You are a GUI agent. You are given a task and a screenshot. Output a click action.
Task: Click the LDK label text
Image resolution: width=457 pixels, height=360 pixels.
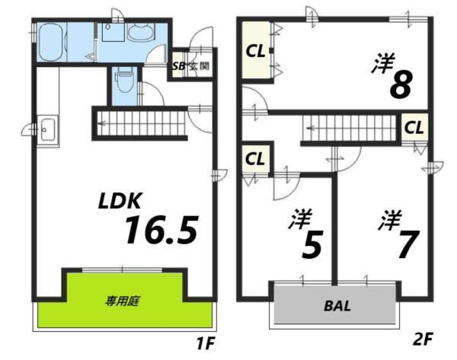(119, 202)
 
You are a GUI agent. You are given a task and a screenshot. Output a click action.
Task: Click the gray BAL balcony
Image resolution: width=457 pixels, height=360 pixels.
(336, 307)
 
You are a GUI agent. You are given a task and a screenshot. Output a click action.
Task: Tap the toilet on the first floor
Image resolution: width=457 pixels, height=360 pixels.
(123, 78)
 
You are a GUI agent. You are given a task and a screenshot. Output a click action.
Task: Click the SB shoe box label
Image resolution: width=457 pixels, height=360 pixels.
(179, 66)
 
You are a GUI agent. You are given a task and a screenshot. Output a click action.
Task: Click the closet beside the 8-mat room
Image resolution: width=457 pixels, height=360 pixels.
(254, 52)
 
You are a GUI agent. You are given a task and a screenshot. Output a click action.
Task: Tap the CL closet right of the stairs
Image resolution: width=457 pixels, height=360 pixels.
(414, 126)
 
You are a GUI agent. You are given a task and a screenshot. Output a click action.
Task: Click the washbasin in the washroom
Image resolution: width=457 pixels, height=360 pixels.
(142, 32)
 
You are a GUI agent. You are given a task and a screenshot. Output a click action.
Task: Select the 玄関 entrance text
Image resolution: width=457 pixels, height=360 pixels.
(200, 66)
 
